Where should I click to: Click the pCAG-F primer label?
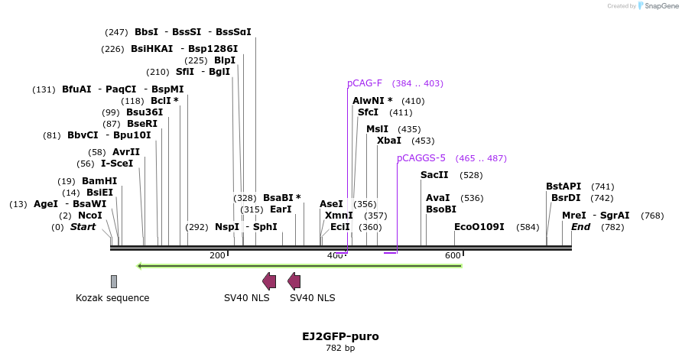pyautogui.click(x=365, y=83)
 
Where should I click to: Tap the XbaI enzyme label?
pyautogui.click(x=388, y=141)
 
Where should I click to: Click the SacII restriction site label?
pyautogui.click(x=434, y=175)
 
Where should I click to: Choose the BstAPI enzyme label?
pyautogui.click(x=563, y=186)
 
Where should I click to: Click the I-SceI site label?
pyautogui.click(x=117, y=164)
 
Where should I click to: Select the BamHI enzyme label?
pyautogui.click(x=99, y=181)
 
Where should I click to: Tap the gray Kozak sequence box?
pyautogui.click(x=114, y=281)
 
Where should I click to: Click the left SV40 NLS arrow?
pyautogui.click(x=269, y=281)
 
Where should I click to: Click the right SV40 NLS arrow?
pyautogui.click(x=294, y=281)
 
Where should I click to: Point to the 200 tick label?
pyautogui.click(x=217, y=255)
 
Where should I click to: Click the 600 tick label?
pyautogui.click(x=453, y=255)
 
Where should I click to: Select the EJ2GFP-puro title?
pyautogui.click(x=340, y=336)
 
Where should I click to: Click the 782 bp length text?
pyautogui.click(x=340, y=349)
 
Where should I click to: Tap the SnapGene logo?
pyautogui.click(x=656, y=5)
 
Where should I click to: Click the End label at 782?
pyautogui.click(x=580, y=227)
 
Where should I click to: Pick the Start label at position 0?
pyautogui.click(x=83, y=227)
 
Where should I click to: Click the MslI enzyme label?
pyautogui.click(x=377, y=129)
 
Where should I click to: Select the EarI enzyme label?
pyautogui.click(x=281, y=209)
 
